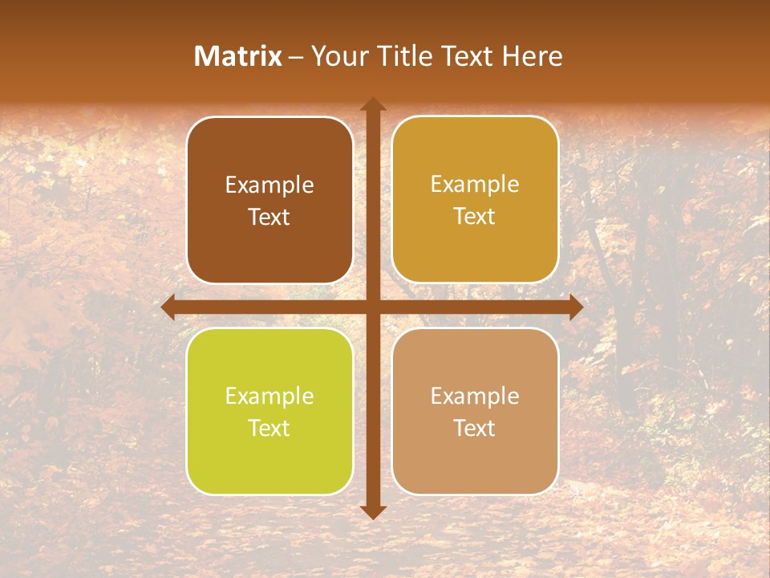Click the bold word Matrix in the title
coord(238,56)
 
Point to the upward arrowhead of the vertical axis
coord(372,104)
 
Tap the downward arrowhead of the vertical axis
coord(372,511)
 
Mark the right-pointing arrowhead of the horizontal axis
coord(575,307)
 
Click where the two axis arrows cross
coord(372,307)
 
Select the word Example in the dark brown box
coord(269,185)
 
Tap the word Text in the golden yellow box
coord(475,217)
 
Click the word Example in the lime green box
coord(269,397)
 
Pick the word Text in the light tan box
coord(475,428)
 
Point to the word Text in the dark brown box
coord(269,218)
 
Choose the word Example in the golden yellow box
coord(475,185)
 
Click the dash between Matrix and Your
coord(296,57)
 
